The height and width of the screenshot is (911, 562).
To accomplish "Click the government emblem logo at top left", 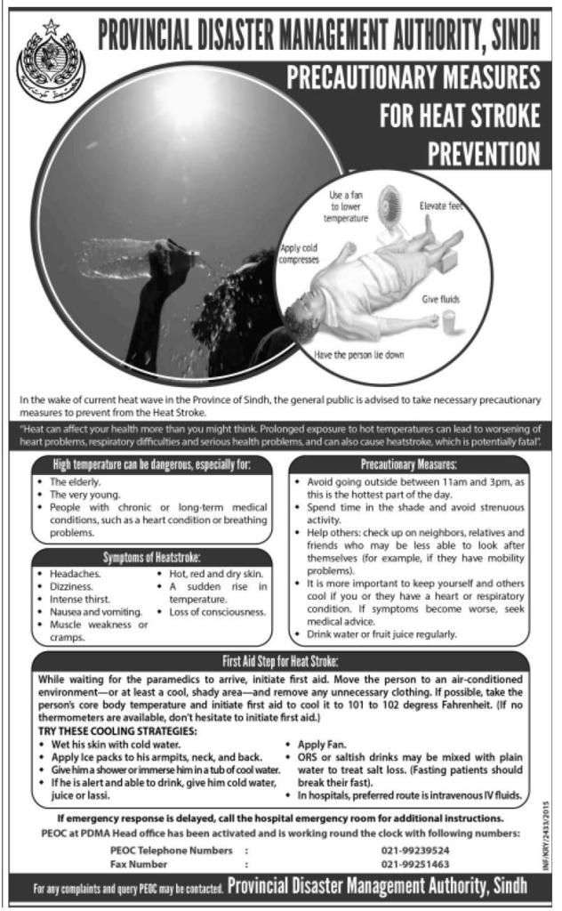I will [x=44, y=63].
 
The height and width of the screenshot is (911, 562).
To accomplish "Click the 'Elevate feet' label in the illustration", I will [x=442, y=206].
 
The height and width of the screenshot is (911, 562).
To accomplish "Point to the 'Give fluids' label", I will [x=440, y=301].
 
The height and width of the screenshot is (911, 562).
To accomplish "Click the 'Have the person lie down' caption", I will [x=359, y=354].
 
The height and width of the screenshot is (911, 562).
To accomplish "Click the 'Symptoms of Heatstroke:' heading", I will [x=151, y=558].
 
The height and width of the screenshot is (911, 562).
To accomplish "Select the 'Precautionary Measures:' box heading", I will [x=408, y=464].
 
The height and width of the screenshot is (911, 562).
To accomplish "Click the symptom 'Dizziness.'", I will [x=71, y=587].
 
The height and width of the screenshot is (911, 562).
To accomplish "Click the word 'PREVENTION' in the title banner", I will [x=484, y=153].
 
